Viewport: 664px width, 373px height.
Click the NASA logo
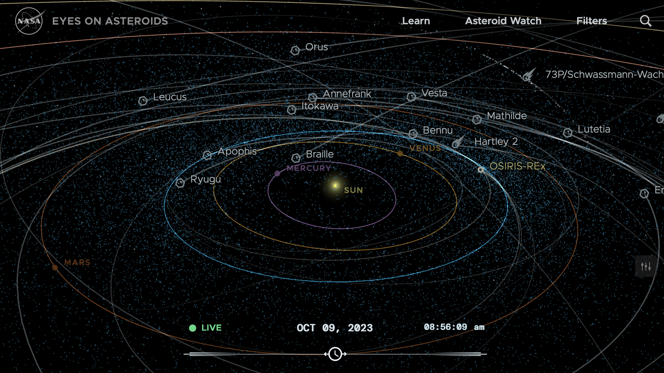tap(29, 21)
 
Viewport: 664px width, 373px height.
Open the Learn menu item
tap(416, 21)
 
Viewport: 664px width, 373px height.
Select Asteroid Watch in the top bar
tap(503, 21)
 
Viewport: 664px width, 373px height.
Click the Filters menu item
tap(592, 21)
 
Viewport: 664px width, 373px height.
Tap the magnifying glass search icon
tap(646, 21)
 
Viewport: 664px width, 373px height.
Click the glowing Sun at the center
tap(336, 186)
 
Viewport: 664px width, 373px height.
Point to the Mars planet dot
tap(55, 268)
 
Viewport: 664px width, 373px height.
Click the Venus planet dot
tap(400, 154)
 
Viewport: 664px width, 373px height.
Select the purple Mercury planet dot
tap(277, 173)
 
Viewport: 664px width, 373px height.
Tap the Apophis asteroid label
tap(237, 151)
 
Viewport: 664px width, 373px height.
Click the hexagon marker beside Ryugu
tap(180, 183)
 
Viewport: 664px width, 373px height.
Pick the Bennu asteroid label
tap(438, 130)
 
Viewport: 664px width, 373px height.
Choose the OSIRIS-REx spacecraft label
tap(517, 166)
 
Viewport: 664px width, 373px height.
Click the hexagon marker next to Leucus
tap(143, 101)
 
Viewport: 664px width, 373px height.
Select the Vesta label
tap(434, 93)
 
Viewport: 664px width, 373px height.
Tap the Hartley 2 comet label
tap(496, 142)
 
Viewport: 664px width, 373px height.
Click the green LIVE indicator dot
tap(193, 328)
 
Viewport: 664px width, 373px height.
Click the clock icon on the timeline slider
tap(335, 354)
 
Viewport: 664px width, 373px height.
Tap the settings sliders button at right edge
tap(646, 267)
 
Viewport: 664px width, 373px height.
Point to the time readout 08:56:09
tap(446, 327)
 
